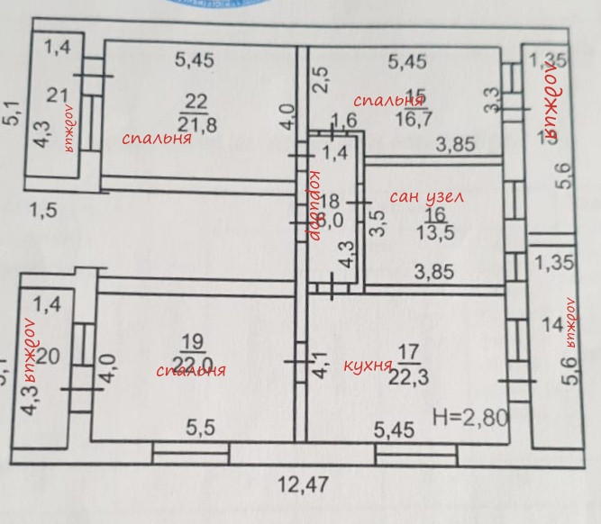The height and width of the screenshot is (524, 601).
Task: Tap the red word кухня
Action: [x=369, y=366]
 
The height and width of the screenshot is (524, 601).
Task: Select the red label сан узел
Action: [x=423, y=196]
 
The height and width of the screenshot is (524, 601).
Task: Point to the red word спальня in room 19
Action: [x=190, y=370]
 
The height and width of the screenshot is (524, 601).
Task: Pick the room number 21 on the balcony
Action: [x=59, y=95]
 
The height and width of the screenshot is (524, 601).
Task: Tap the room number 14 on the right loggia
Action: [x=552, y=329]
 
